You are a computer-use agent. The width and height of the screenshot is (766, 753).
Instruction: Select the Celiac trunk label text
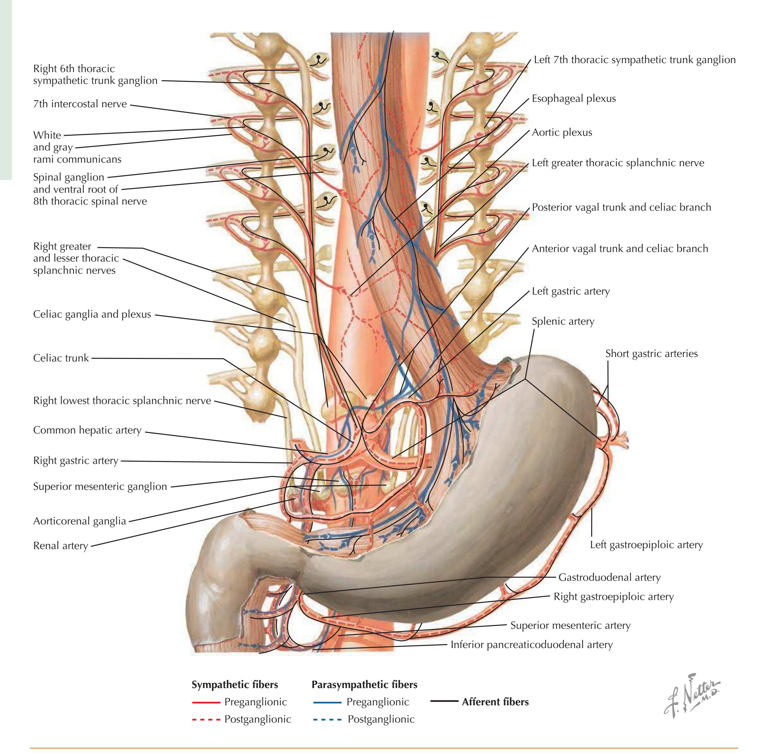coord(61,358)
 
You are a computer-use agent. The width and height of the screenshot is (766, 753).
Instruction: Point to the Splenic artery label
coord(563,321)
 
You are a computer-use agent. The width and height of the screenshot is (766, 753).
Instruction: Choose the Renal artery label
coord(60,546)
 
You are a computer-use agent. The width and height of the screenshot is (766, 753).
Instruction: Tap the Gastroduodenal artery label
coord(609,578)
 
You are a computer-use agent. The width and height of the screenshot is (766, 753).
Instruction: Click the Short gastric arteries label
coord(651,353)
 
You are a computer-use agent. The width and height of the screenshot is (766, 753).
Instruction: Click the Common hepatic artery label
coord(87,430)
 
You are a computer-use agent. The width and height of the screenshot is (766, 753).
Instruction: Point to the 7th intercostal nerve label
coord(80,104)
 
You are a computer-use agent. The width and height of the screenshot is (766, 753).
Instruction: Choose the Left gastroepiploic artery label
coord(646,545)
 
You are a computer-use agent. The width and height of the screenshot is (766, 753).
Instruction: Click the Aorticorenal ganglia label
coord(79,521)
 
